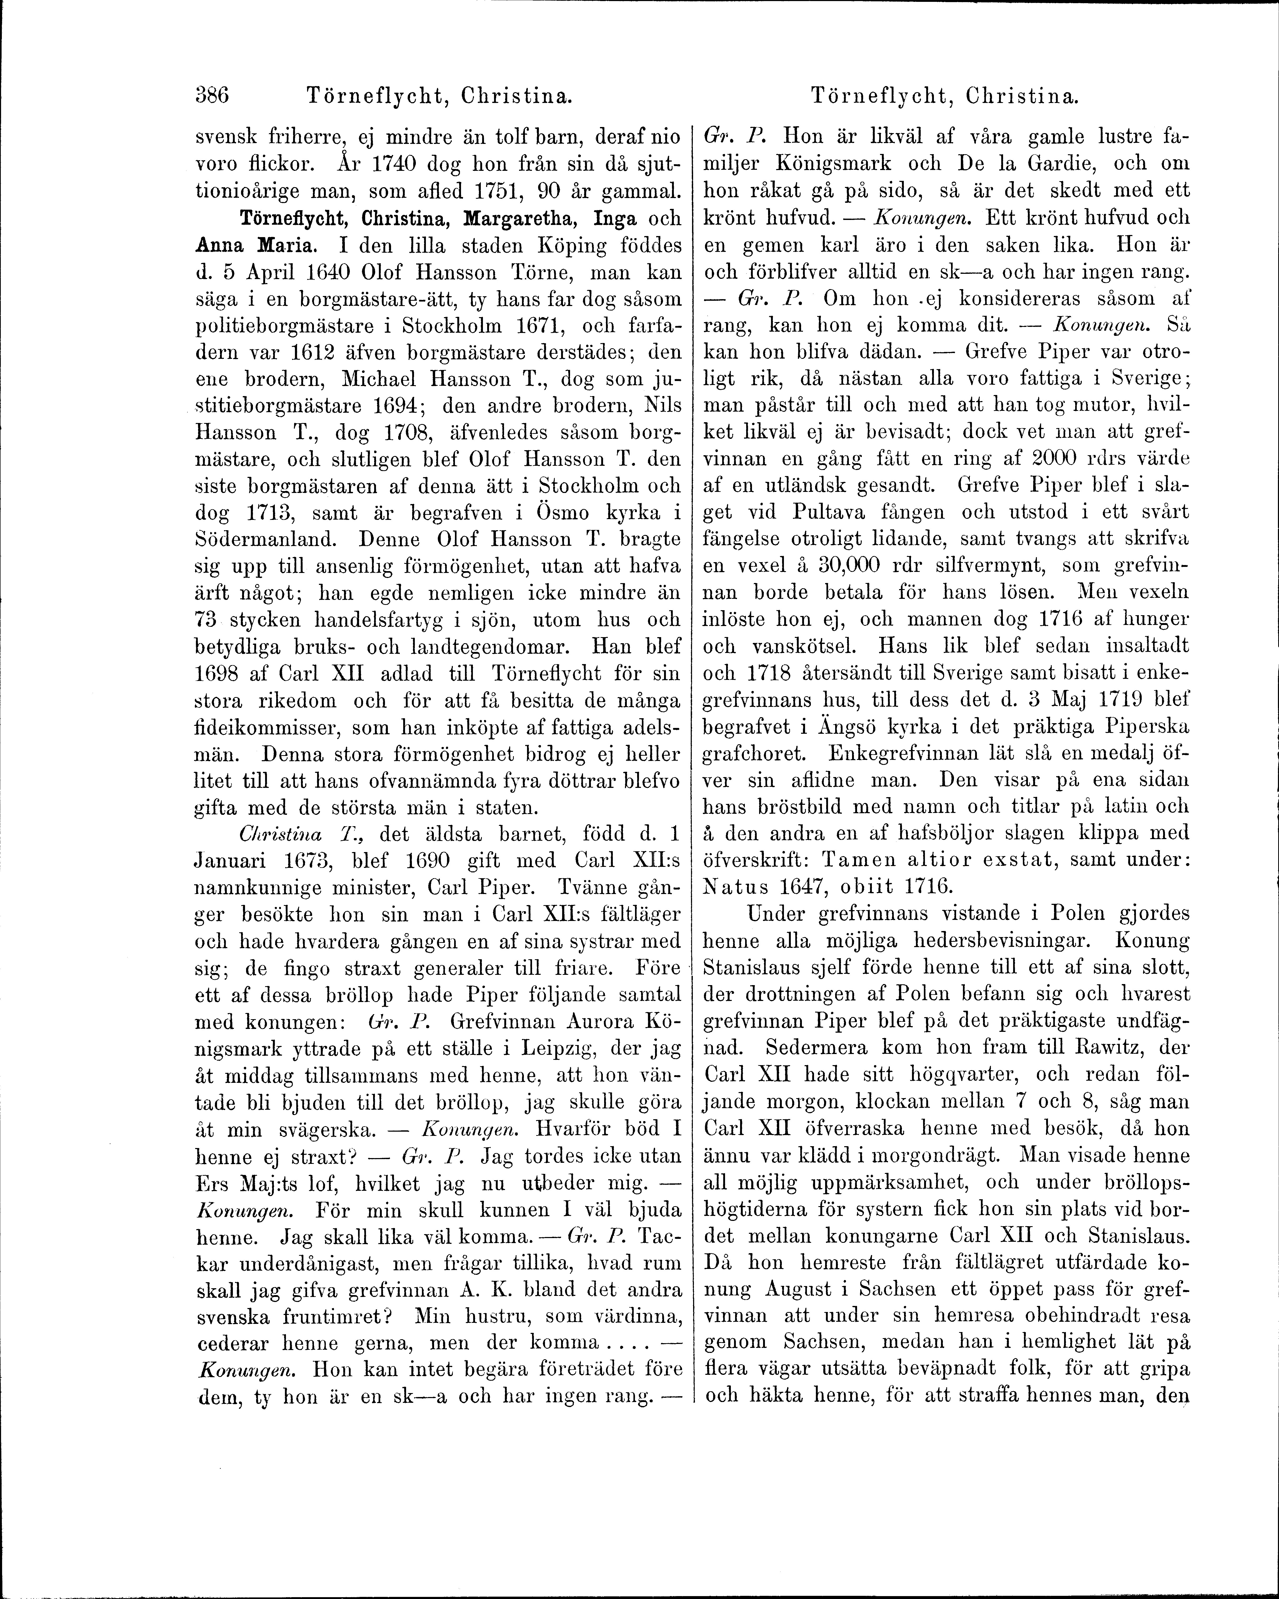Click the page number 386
click(212, 96)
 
